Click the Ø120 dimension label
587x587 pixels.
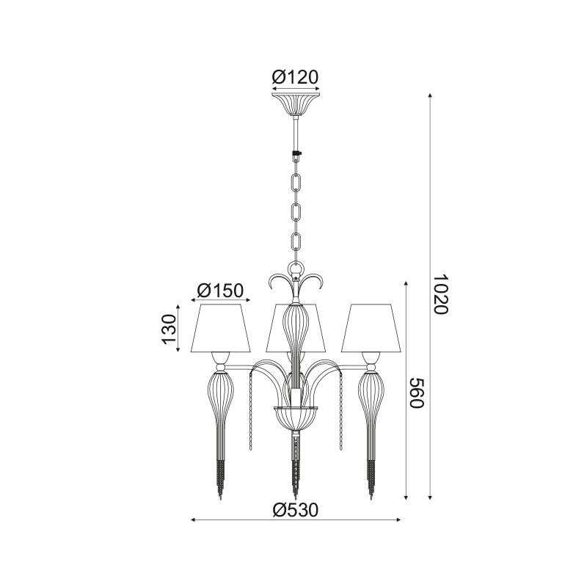[x=295, y=77]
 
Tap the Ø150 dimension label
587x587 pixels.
[x=221, y=290]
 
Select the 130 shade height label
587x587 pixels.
[x=169, y=329]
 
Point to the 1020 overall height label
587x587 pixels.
[x=440, y=295]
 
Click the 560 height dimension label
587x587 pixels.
[x=416, y=393]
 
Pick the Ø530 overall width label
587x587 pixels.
[x=296, y=509]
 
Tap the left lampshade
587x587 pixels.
[x=221, y=328]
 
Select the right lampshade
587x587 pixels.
[x=371, y=328]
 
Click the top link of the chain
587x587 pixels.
[x=296, y=182]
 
